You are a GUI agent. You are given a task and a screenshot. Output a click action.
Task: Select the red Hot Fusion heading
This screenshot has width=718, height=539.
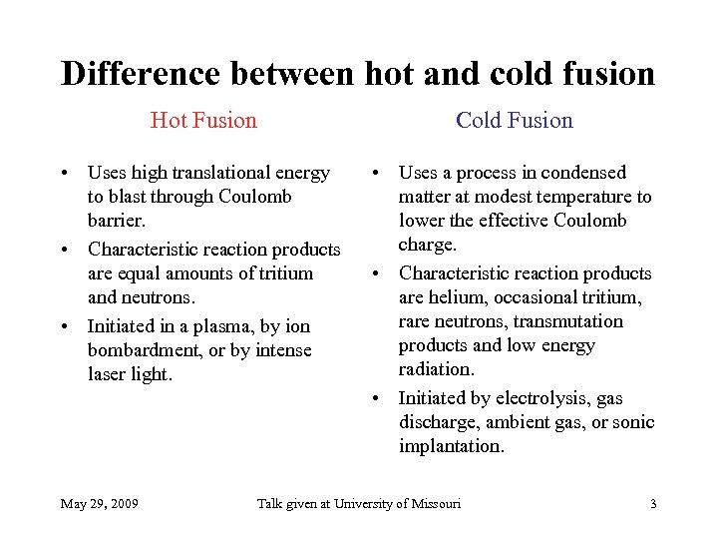pyautogui.click(x=203, y=121)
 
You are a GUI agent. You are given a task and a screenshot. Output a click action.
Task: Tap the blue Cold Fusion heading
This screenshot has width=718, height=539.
pyautogui.click(x=515, y=121)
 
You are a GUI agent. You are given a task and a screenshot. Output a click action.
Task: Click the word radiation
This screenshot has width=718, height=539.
pyautogui.click(x=437, y=369)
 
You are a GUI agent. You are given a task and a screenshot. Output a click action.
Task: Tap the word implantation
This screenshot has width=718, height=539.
pyautogui.click(x=451, y=446)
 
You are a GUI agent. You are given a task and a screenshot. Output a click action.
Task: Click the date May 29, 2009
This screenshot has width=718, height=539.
pyautogui.click(x=100, y=503)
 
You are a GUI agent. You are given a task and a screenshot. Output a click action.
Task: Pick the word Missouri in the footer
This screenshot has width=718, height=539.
pyautogui.click(x=435, y=503)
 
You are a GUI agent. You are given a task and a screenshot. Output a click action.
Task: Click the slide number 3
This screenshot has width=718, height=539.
pyautogui.click(x=653, y=503)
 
